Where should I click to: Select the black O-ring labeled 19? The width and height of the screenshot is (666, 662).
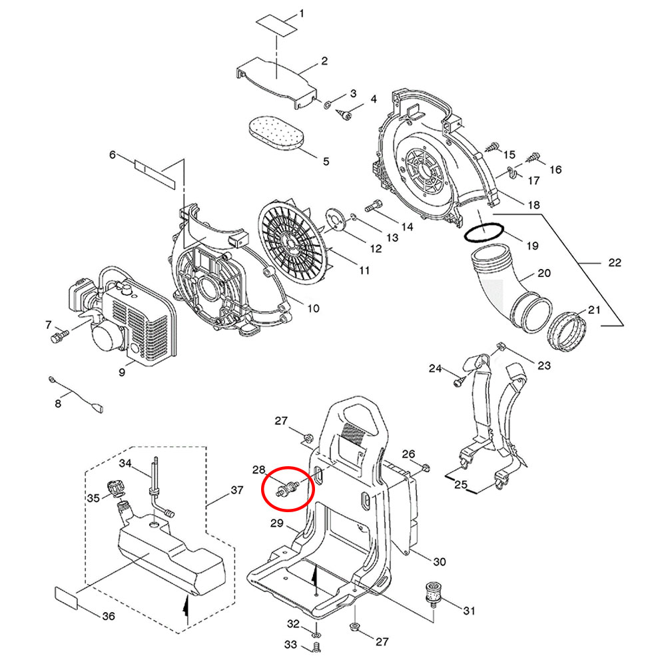point(484,232)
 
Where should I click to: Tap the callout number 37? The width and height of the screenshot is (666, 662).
point(237,491)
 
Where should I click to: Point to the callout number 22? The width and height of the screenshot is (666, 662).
point(614,262)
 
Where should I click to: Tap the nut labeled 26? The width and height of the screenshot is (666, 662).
point(426,465)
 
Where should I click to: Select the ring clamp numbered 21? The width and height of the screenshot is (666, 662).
point(567,329)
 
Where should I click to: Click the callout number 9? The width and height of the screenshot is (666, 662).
point(122,372)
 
